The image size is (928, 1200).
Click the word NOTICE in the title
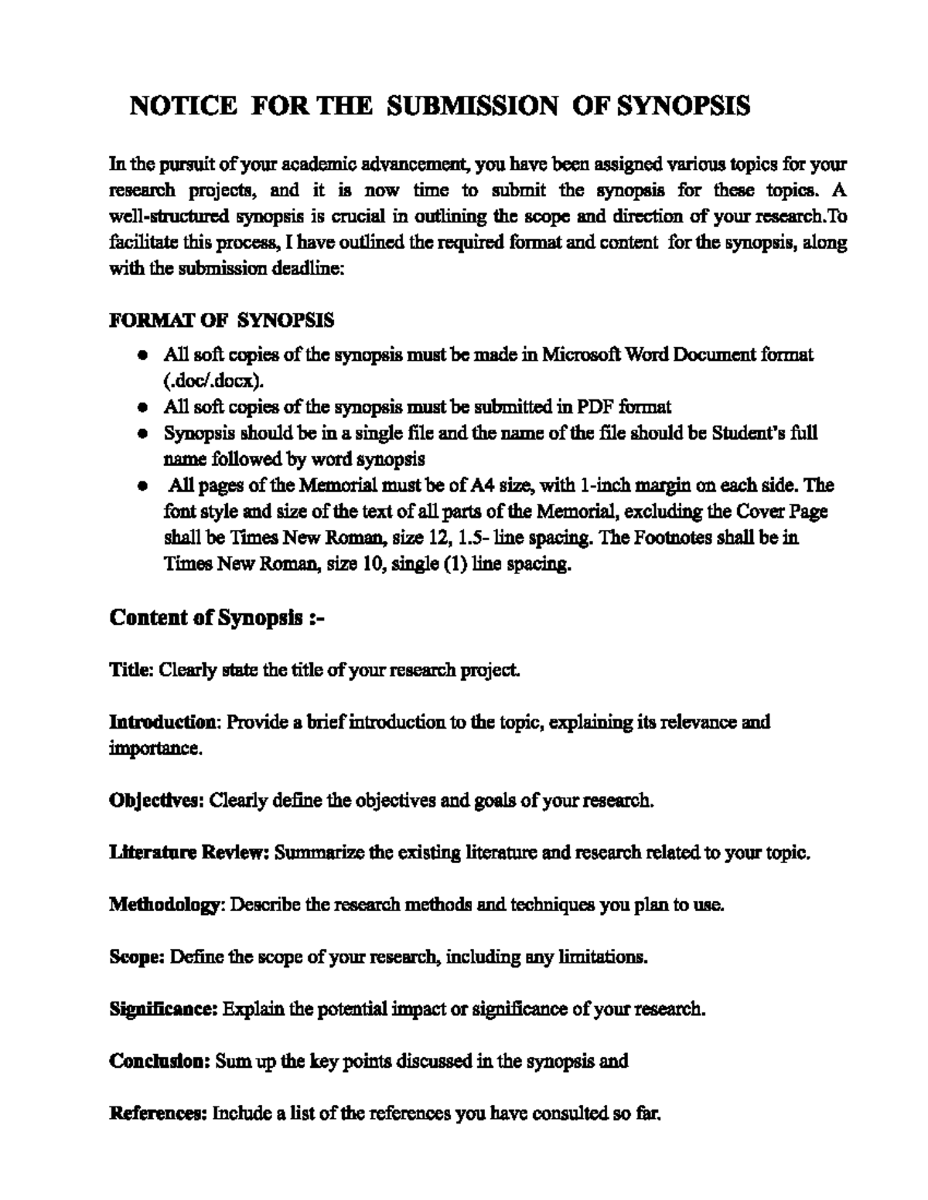coord(183,106)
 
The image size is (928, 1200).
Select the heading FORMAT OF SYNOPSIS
coord(222,320)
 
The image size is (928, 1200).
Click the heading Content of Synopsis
coord(217,618)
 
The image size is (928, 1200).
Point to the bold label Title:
coord(132,670)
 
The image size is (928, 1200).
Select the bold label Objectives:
coord(156,801)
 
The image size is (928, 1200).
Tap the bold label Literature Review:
coord(189,853)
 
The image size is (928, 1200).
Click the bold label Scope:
coord(136,957)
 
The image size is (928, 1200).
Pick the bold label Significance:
coord(163,1009)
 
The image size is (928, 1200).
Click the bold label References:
coord(158,1113)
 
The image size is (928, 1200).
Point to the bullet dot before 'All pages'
coord(142,487)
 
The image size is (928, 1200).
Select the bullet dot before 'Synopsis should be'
coord(142,433)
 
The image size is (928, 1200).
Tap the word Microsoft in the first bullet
coord(580,355)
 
